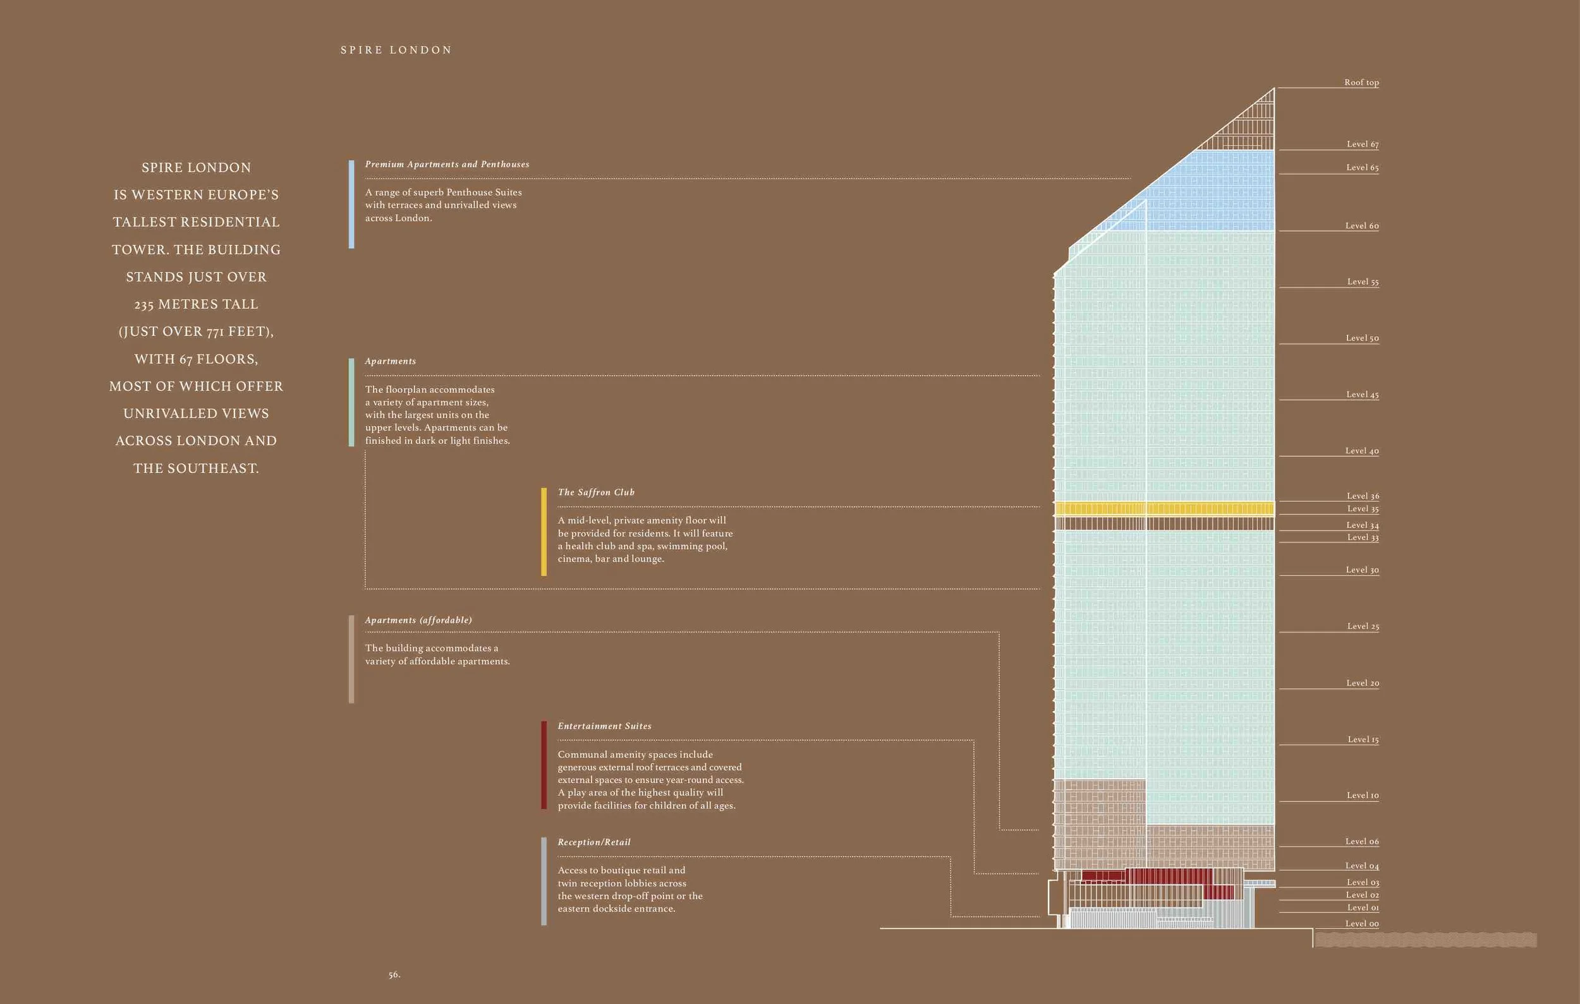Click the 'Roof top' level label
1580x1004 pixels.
pyautogui.click(x=1361, y=83)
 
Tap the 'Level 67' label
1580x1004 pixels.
pyautogui.click(x=1362, y=144)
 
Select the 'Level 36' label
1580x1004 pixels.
pyautogui.click(x=1362, y=496)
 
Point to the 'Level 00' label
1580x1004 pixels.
pyautogui.click(x=1361, y=924)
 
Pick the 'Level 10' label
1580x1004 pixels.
pyautogui.click(x=1362, y=796)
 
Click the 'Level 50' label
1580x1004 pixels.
pyautogui.click(x=1362, y=338)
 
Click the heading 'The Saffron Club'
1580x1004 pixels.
pyautogui.click(x=596, y=493)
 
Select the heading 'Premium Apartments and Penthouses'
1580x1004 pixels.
pyautogui.click(x=447, y=165)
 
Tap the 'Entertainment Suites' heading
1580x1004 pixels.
pyautogui.click(x=604, y=727)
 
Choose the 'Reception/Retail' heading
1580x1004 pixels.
pyautogui.click(x=594, y=843)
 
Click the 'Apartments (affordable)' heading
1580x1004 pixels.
pyautogui.click(x=418, y=620)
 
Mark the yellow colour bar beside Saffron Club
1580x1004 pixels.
pyautogui.click(x=544, y=532)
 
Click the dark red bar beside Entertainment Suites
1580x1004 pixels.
pyautogui.click(x=544, y=765)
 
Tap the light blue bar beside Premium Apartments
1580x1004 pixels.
pyautogui.click(x=351, y=204)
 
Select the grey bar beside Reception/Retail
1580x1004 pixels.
pyautogui.click(x=544, y=881)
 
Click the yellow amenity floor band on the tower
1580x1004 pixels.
pyautogui.click(x=1164, y=508)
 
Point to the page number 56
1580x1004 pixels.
pyautogui.click(x=394, y=975)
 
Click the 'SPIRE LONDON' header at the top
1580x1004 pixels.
pyautogui.click(x=396, y=51)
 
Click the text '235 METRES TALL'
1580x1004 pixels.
pyautogui.click(x=196, y=304)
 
